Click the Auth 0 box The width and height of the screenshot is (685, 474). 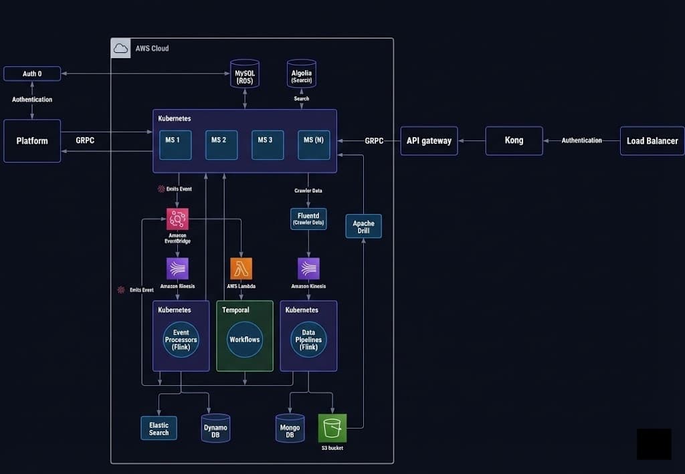32,74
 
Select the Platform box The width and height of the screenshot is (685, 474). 32,141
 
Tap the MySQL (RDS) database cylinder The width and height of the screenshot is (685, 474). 245,74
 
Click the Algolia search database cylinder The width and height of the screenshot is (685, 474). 302,74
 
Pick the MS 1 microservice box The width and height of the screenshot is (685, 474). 173,145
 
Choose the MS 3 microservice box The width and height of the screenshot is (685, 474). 267,145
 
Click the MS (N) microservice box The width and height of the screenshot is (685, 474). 314,145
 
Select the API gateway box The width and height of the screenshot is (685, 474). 429,141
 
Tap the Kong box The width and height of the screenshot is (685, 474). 514,141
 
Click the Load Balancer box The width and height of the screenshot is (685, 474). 652,141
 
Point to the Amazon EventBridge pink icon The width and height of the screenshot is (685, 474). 177,219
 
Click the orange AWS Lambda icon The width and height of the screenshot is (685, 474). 241,268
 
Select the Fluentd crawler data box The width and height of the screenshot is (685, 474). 308,219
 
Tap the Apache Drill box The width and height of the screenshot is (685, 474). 363,226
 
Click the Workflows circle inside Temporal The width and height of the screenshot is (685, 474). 244,340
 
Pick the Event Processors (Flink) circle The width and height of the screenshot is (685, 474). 181,340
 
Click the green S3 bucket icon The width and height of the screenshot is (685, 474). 332,428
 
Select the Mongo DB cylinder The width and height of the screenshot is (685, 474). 290,428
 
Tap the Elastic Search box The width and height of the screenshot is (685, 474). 159,428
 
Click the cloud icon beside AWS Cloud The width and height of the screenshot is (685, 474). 120,48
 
